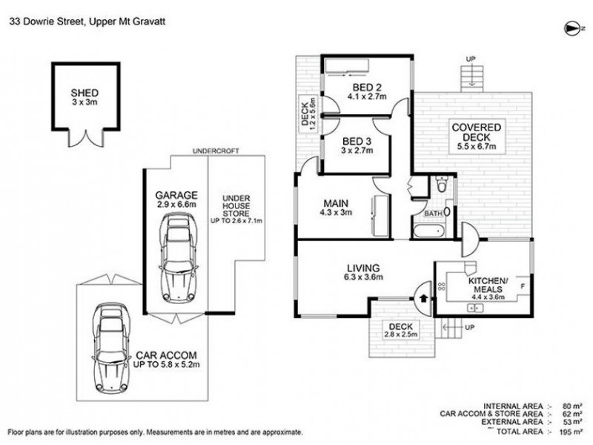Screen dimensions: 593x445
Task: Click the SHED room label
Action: [x=85, y=93]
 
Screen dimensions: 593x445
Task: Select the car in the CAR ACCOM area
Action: [x=110, y=347]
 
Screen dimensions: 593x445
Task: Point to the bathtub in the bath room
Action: [x=429, y=231]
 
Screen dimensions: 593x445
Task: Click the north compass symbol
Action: [x=572, y=29]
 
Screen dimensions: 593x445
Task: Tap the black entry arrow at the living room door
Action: [x=423, y=298]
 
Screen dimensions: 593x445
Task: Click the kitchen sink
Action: [x=476, y=308]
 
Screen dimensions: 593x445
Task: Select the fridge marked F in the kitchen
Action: [x=523, y=286]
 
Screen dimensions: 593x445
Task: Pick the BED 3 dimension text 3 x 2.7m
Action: [x=357, y=151]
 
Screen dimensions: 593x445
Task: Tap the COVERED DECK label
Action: [x=476, y=132]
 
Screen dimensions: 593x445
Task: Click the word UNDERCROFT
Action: [x=216, y=151]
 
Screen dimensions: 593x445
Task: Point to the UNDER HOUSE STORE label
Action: [x=236, y=206]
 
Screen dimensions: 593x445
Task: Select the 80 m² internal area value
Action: [x=573, y=406]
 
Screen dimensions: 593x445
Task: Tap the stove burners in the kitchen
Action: [x=441, y=286]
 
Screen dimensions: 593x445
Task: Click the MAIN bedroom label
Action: [x=336, y=203]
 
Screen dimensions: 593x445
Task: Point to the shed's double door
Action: [x=86, y=139]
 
